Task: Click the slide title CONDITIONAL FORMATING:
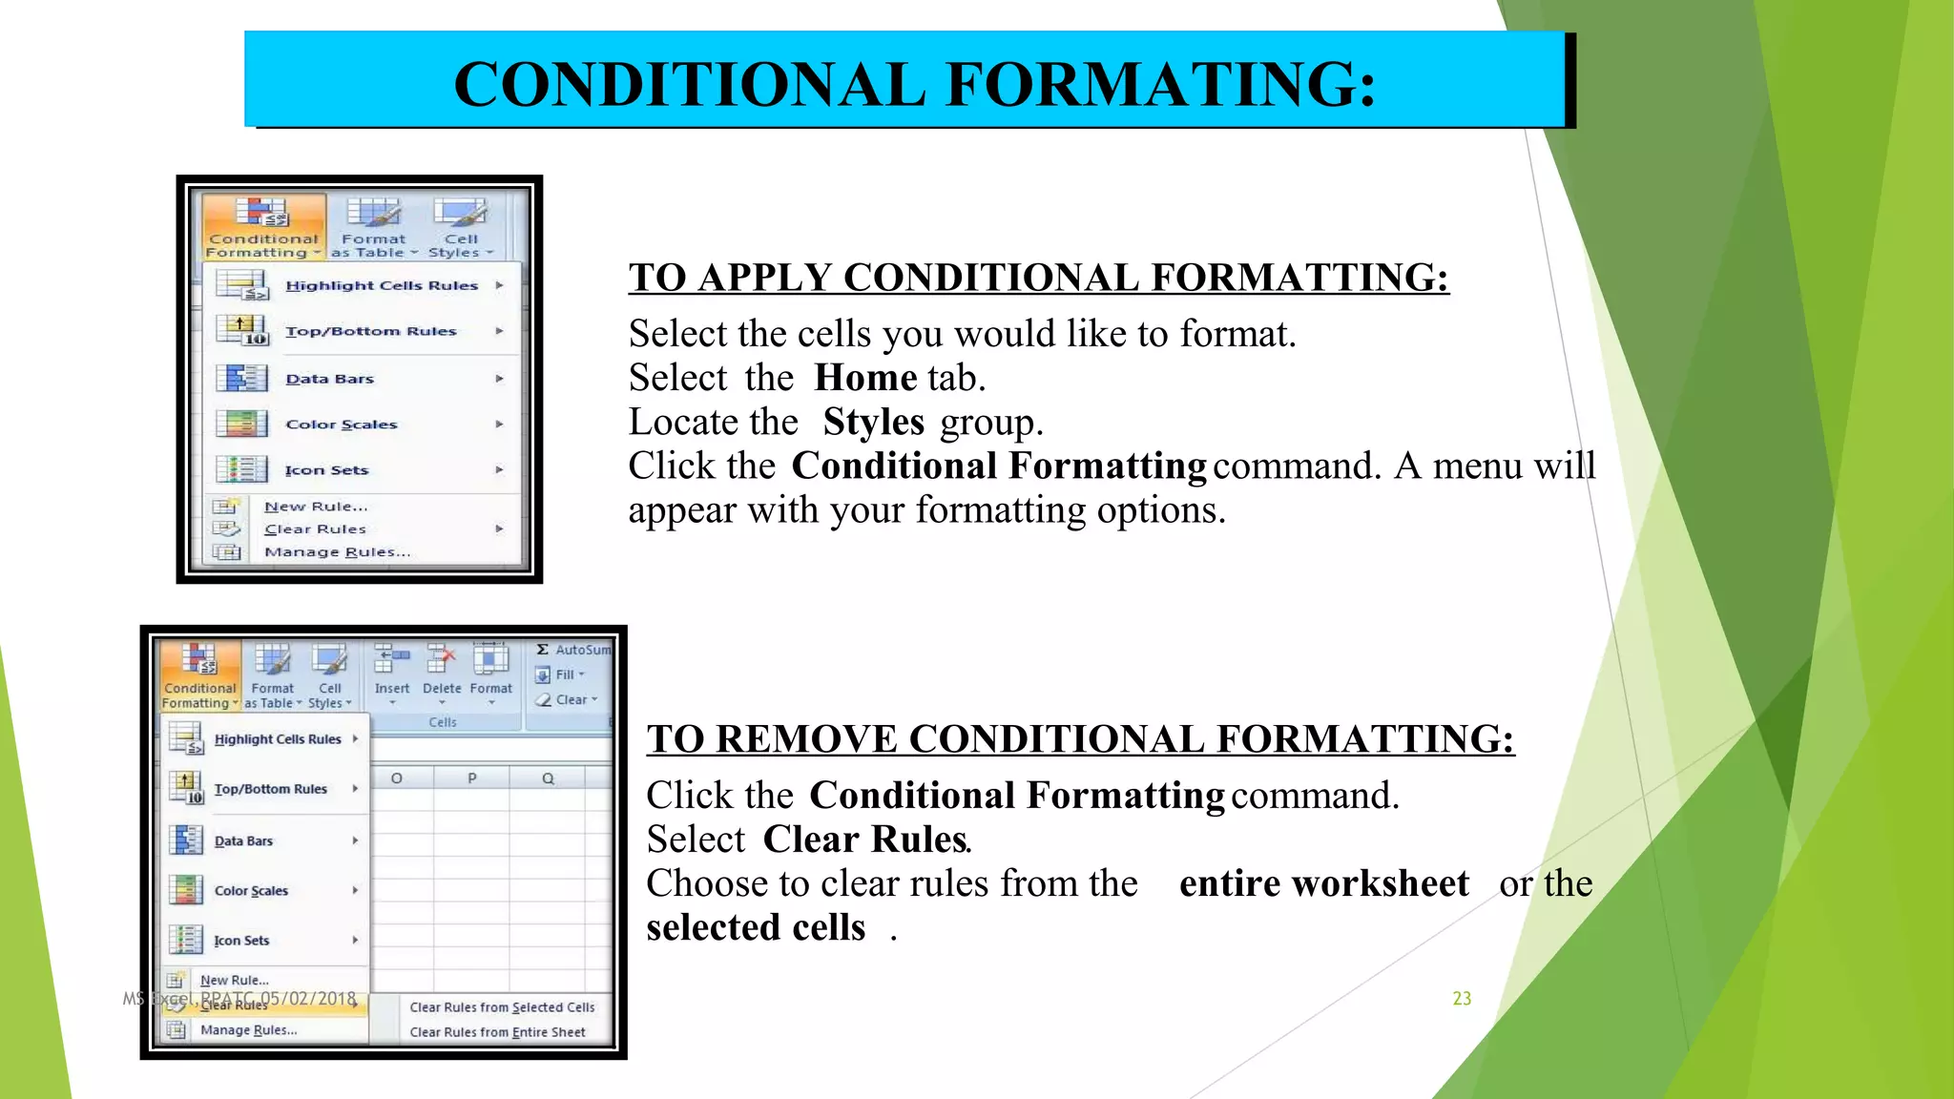coord(914,84)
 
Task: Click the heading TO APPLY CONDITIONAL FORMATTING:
coord(1038,278)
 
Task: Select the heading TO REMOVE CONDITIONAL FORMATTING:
coord(1080,739)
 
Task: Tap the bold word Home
coord(865,378)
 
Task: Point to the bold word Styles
coord(873,422)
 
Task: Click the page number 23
coord(1461,998)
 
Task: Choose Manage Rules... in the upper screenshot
coord(337,552)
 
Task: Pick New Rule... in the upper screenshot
coord(316,507)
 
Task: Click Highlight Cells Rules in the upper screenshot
coord(381,285)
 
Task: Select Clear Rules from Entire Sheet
coord(497,1032)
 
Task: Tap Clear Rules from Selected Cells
coord(502,1007)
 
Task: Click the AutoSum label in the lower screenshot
coord(582,650)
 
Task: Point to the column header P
coord(471,778)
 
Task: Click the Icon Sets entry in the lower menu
coord(241,941)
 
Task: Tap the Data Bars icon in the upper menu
coord(241,379)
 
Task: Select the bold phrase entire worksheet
coord(1323,883)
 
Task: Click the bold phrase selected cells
coord(755,927)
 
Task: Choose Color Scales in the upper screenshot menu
coord(341,425)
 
